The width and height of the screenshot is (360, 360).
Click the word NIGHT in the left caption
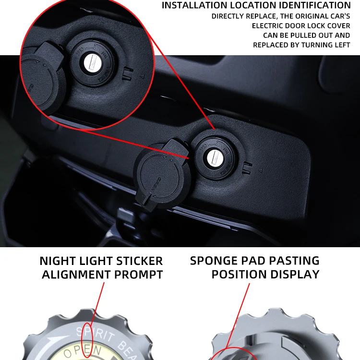coord(58,261)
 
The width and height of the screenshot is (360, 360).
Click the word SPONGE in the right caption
coord(215,261)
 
